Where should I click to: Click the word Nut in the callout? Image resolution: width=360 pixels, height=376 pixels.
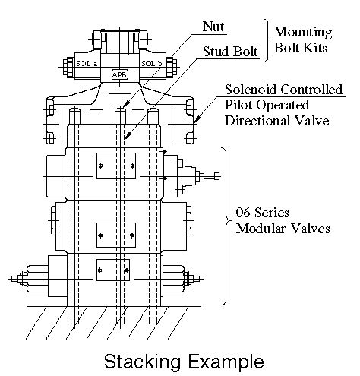(213, 27)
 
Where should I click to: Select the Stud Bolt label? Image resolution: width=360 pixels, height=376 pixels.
(230, 52)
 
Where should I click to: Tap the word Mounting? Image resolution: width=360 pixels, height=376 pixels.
(303, 32)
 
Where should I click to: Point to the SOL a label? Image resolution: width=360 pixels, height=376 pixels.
(87, 63)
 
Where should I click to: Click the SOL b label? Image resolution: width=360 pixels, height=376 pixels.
(152, 63)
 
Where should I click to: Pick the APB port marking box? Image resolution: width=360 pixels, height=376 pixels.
(119, 75)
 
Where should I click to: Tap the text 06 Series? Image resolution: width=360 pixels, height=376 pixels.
(263, 212)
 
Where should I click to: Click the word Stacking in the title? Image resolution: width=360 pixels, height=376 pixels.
(142, 362)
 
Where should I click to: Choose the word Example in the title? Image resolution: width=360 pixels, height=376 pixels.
(226, 362)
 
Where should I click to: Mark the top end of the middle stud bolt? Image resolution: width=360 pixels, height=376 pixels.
(120, 108)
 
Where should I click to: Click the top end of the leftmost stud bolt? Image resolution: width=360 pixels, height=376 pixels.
(74, 109)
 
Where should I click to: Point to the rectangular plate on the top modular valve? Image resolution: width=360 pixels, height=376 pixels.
(116, 166)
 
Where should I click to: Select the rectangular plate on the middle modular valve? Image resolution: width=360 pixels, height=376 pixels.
(116, 235)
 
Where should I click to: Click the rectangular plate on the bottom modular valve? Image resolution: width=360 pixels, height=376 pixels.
(113, 270)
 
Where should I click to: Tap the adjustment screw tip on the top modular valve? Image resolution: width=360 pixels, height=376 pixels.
(216, 176)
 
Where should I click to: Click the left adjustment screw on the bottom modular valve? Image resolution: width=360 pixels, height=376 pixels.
(18, 279)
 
